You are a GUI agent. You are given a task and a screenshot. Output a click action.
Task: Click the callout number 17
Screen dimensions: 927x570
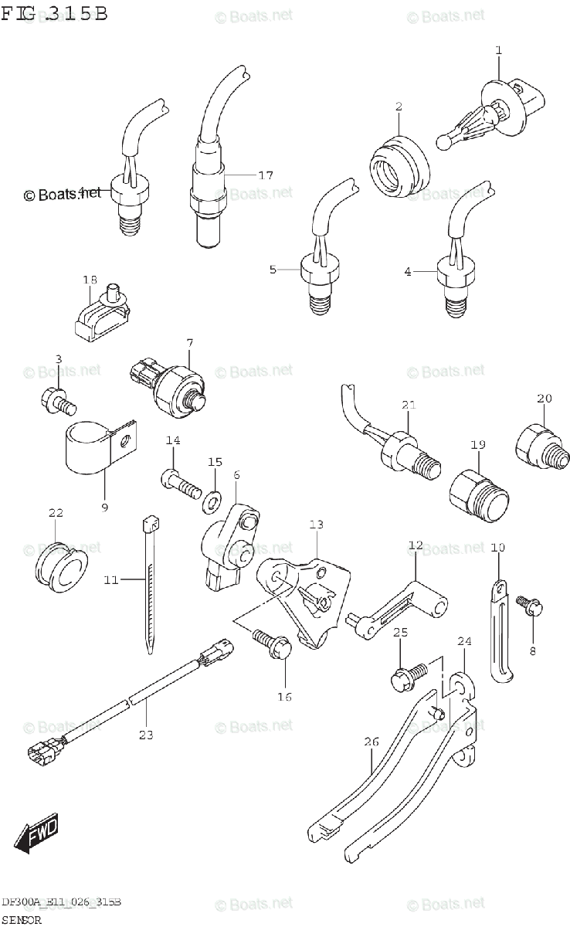click(265, 175)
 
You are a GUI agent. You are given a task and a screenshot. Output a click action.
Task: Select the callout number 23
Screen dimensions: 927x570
click(146, 735)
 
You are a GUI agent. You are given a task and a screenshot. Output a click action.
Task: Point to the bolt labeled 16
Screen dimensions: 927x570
click(273, 643)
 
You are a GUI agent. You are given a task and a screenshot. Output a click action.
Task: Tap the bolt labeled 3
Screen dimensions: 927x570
click(58, 399)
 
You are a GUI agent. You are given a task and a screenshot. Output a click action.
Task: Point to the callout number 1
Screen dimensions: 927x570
click(498, 50)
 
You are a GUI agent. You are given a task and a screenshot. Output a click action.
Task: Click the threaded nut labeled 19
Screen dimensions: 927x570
click(477, 493)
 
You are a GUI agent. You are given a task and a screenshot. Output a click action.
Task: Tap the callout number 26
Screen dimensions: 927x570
click(372, 742)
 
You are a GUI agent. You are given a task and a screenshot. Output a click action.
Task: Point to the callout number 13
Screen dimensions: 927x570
click(316, 525)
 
